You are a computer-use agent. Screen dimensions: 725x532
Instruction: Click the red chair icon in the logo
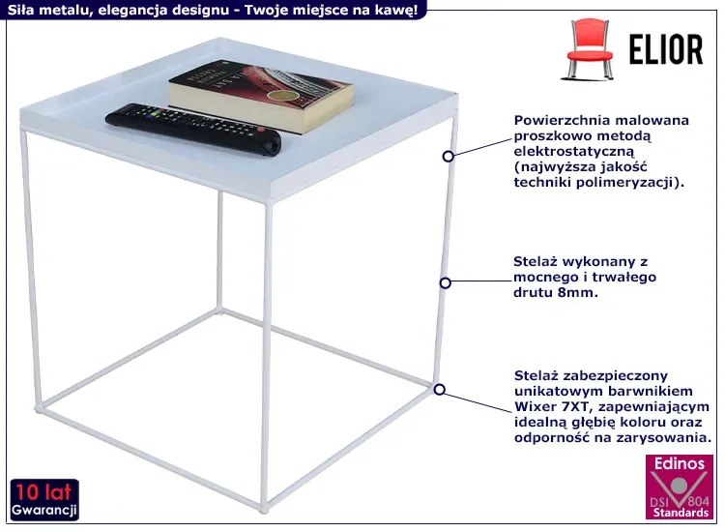(590, 48)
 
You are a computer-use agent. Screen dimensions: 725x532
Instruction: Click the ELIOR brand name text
(666, 49)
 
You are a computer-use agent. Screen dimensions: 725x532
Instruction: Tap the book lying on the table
(261, 96)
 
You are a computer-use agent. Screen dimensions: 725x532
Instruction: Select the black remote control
(193, 128)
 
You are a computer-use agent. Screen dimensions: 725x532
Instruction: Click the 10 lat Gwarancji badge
(44, 500)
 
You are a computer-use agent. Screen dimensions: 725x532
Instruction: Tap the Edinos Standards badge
(680, 487)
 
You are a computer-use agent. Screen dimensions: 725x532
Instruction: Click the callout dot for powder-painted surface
(448, 157)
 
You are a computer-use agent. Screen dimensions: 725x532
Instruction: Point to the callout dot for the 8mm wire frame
(446, 282)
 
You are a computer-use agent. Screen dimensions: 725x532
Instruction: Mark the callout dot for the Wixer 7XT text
(440, 390)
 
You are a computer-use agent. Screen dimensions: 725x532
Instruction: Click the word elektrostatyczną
(574, 151)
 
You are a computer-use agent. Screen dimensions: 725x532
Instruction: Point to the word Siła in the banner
(19, 10)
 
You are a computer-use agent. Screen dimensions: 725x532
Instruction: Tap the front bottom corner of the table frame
(264, 510)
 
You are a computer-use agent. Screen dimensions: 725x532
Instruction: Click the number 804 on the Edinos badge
(698, 501)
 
